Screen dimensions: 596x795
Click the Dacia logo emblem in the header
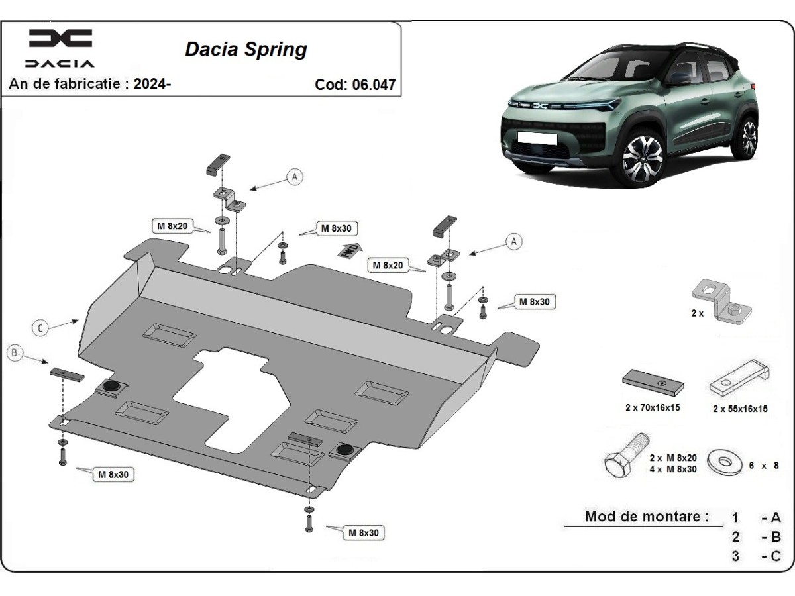(60, 38)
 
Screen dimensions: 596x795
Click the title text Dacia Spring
(246, 50)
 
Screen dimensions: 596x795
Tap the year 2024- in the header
(152, 84)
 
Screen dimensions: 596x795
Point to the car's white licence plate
(537, 137)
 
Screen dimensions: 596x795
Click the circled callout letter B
(15, 353)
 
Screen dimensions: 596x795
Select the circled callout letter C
(40, 327)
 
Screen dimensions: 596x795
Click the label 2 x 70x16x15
(652, 408)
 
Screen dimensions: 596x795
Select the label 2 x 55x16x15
(739, 409)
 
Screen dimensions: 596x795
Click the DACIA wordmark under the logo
(60, 64)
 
